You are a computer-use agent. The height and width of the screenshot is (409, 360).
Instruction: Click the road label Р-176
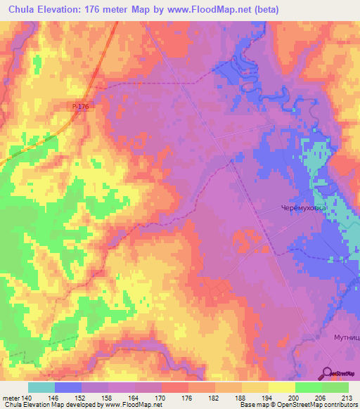coord(81,106)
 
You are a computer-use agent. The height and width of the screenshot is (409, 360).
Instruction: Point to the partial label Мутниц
coord(346,337)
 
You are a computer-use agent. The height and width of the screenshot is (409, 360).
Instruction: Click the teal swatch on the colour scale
coord(41,387)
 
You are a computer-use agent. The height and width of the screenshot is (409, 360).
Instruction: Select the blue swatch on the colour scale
coord(68,387)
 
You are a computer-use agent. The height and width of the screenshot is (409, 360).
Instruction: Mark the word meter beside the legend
coord(10,398)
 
